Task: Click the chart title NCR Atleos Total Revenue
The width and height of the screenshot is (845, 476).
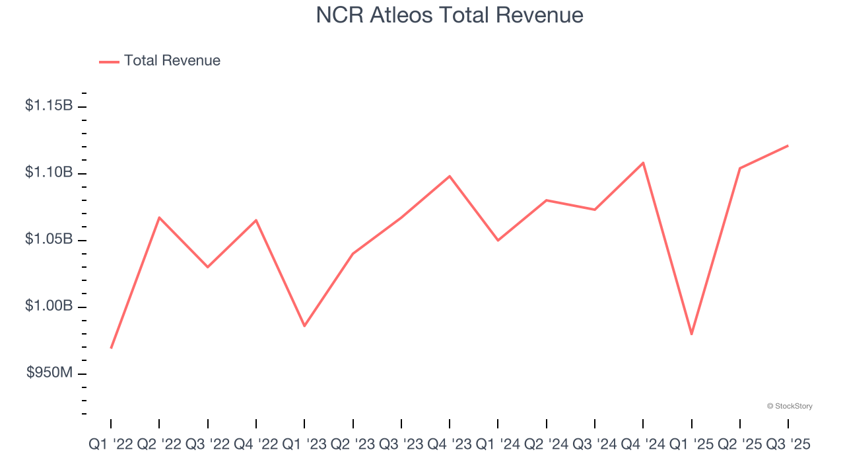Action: coord(450,15)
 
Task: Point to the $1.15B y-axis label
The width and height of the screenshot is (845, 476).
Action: coord(49,105)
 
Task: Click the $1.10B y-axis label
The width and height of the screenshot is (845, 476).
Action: coord(49,173)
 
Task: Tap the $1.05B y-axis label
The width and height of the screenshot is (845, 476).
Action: coord(49,239)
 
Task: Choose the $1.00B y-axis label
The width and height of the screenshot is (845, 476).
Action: coord(49,307)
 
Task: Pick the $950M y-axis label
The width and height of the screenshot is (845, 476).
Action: coord(50,374)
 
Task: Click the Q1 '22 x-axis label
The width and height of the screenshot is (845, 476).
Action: coord(111,446)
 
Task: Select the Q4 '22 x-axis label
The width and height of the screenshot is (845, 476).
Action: coord(256,446)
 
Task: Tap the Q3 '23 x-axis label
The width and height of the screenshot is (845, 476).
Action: coord(401,446)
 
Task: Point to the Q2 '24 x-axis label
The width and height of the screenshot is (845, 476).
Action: coord(547,446)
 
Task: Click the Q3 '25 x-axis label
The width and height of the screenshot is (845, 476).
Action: coord(788,446)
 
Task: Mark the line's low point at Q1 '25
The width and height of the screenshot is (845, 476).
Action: coord(691,334)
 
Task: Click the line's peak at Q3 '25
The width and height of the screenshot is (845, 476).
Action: coord(788,145)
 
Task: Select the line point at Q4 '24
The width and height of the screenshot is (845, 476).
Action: coord(643,163)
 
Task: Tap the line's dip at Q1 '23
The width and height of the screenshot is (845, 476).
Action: coord(304,326)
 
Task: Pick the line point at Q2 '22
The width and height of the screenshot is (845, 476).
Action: coord(159,218)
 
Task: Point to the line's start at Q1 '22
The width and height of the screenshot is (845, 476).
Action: coord(111,348)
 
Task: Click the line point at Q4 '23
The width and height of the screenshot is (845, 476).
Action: coord(450,176)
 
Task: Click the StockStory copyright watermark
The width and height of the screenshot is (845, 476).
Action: coord(790,406)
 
